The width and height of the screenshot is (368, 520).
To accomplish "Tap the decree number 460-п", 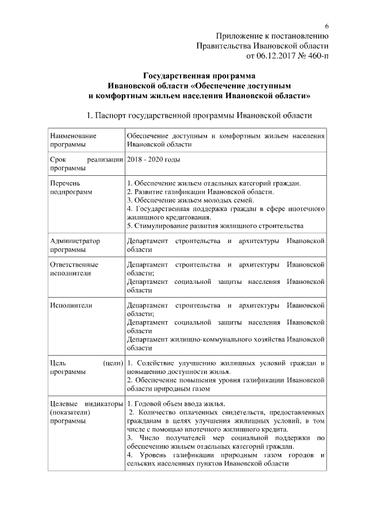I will (317, 56).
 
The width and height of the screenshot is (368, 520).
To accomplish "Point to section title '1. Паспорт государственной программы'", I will (198, 115).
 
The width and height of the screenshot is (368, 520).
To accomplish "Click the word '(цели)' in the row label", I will (113, 363).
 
